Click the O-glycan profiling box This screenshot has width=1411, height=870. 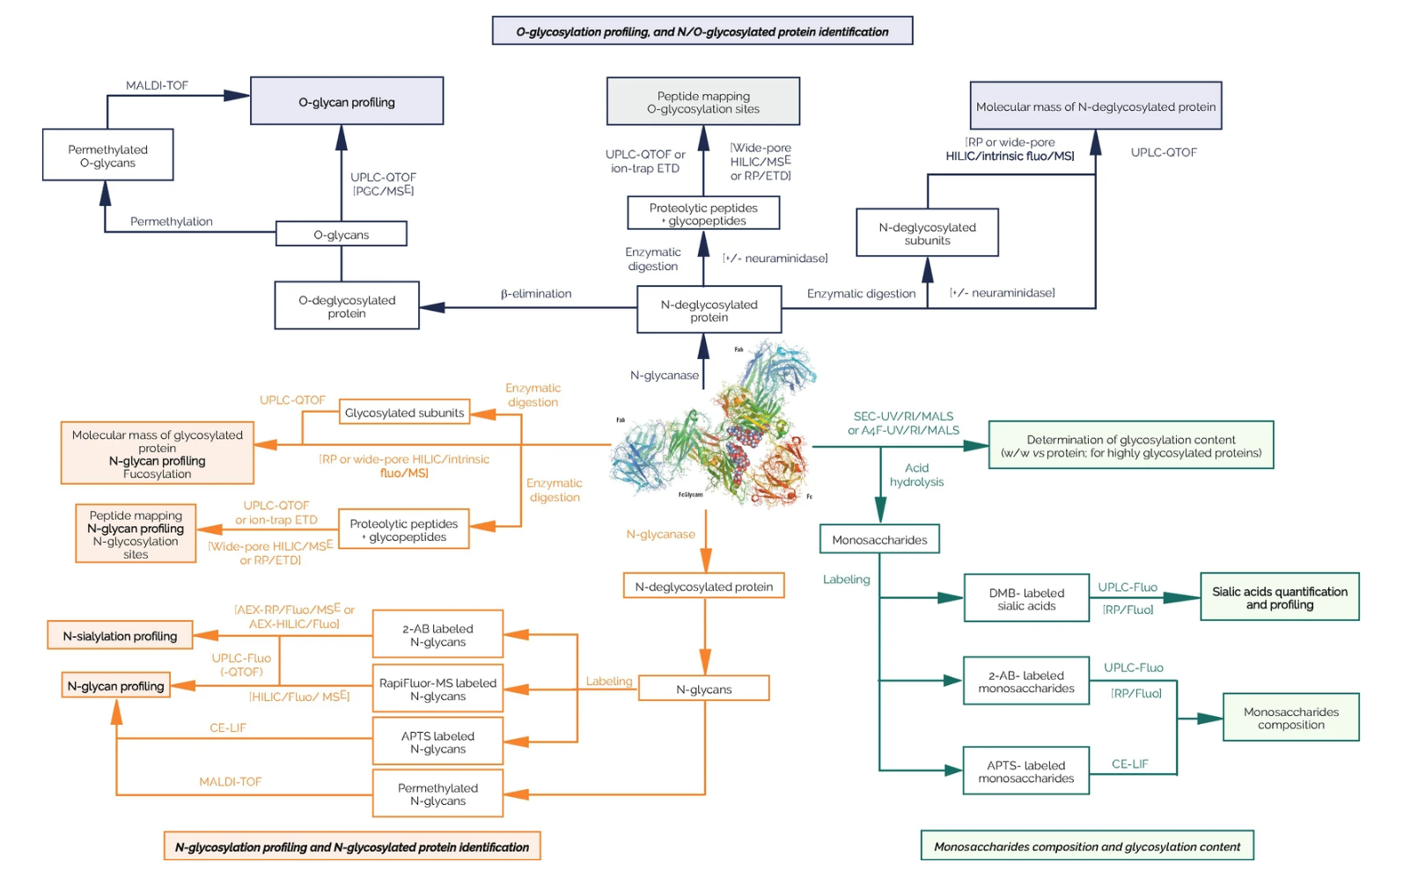tap(347, 101)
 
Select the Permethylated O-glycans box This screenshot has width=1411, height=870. tap(107, 156)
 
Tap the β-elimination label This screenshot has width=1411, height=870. tap(536, 294)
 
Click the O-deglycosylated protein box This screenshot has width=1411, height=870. tap(347, 306)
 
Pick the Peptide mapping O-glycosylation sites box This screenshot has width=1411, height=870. tap(702, 102)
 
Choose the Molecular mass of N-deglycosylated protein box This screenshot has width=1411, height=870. tap(1095, 106)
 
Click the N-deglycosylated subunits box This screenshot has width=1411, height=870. tap(927, 233)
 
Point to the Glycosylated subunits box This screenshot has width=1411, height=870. tap(404, 413)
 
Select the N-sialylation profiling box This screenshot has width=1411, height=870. tap(120, 636)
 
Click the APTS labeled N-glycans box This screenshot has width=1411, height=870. tap(437, 742)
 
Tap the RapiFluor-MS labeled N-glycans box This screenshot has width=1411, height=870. tap(437, 689)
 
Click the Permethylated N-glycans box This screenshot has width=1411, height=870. tap(437, 794)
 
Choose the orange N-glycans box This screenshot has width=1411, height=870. tap(703, 689)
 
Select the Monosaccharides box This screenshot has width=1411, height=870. tap(879, 539)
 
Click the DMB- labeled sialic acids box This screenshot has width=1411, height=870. tap(1026, 599)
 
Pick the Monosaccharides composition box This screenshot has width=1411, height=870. tap(1290, 718)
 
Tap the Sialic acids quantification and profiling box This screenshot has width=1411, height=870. tap(1279, 597)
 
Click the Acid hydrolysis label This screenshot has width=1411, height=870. tap(916, 475)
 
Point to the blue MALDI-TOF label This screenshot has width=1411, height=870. tap(157, 85)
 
